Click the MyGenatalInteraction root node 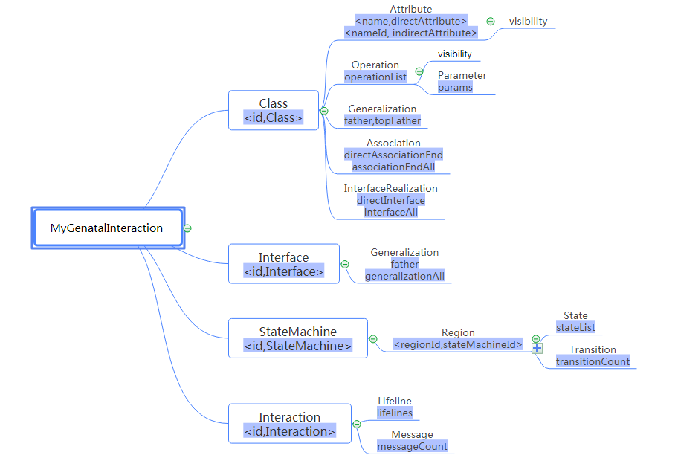point(107,228)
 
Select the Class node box point(274,111)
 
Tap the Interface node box point(283,264)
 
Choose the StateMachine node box point(297,338)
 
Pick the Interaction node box point(289,424)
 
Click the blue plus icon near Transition point(537,349)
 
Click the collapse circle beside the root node point(188,228)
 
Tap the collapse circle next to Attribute point(491,22)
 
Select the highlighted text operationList point(375,77)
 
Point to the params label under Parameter point(455,87)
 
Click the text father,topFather point(382,120)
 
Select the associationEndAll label point(393,167)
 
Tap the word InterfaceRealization point(390,188)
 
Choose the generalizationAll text point(404,276)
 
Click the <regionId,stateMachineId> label point(458,344)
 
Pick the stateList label point(575,327)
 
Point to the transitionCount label point(593,361)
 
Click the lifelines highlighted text point(394,413)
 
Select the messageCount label point(412,446)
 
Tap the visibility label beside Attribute point(528,22)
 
